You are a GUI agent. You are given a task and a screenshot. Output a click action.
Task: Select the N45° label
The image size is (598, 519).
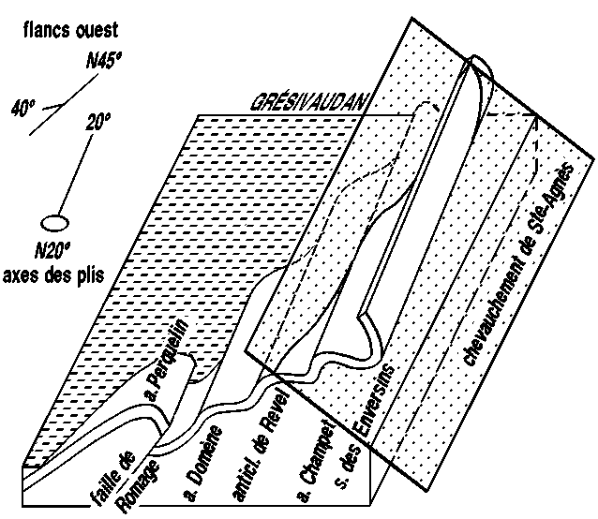(104, 63)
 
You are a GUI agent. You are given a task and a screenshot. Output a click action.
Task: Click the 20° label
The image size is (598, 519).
(97, 122)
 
